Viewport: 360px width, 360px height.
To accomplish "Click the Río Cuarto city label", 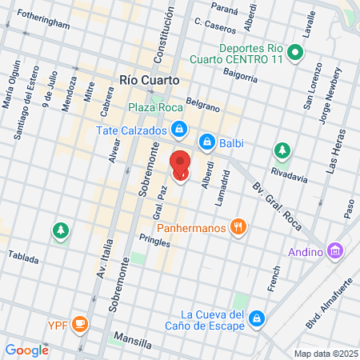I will tap(148, 80).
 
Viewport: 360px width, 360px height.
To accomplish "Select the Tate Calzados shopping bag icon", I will tap(180, 129).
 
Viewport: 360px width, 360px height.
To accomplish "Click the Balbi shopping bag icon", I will tap(206, 142).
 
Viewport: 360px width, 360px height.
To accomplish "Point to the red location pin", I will tap(180, 163).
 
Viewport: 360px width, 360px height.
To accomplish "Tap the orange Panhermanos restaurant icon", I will tap(238, 227).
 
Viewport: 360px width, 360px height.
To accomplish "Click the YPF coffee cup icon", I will tap(78, 323).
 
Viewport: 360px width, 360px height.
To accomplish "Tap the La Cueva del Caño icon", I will tap(257, 318).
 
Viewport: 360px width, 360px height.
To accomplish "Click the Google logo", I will tap(26, 350).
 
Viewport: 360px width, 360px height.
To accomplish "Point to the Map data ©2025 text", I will tap(324, 354).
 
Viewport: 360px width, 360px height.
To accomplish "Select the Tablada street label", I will tap(23, 256).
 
